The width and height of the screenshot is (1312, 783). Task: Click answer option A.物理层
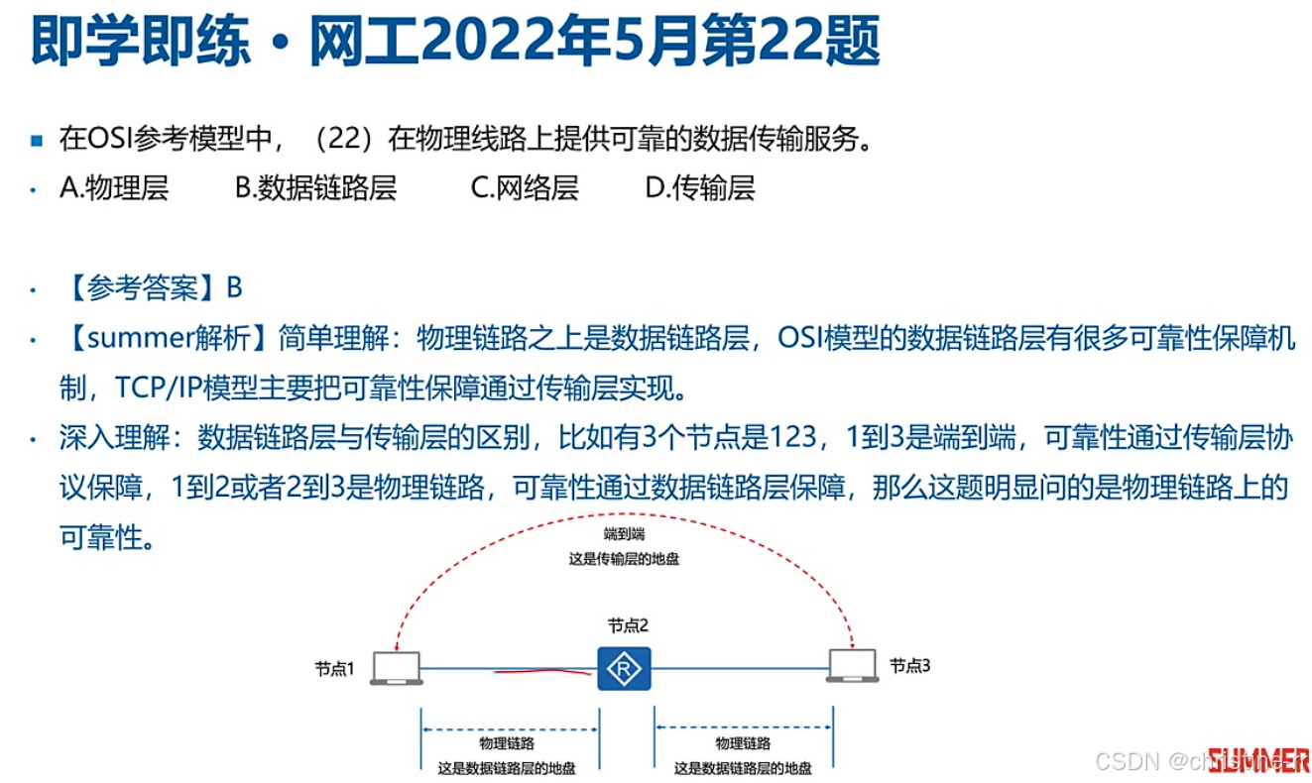point(114,187)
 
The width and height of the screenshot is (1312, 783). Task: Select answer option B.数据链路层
point(315,187)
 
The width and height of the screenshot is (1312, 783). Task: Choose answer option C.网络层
point(524,187)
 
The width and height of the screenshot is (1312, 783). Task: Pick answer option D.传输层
point(700,187)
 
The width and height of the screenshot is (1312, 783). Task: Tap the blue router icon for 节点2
point(624,669)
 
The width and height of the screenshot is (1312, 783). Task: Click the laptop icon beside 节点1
point(397,668)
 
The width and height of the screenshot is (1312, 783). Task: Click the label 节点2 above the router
point(628,625)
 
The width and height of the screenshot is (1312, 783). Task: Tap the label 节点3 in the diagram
point(910,666)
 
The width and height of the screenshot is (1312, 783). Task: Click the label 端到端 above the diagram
point(624,534)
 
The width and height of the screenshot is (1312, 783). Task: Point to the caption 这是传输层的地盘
point(624,558)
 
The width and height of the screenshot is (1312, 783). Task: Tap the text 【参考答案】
point(143,287)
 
